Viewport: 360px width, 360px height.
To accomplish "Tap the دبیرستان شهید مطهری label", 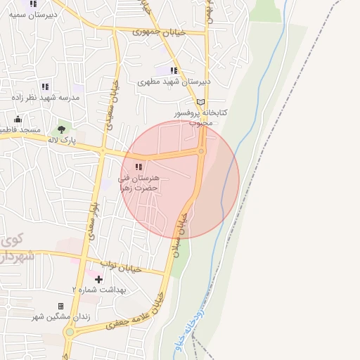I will (x=175, y=82).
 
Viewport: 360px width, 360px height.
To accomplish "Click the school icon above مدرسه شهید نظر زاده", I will (x=45, y=86).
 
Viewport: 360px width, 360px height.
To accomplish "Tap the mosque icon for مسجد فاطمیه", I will (x=18, y=119).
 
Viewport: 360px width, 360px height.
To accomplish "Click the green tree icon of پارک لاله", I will (x=61, y=129).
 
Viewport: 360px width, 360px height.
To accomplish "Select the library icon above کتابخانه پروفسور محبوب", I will (x=201, y=102).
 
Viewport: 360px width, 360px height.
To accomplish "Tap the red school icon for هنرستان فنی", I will (x=139, y=167).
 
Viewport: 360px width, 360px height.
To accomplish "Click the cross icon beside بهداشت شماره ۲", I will (x=98, y=279).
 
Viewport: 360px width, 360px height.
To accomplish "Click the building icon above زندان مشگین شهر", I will (x=60, y=306).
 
